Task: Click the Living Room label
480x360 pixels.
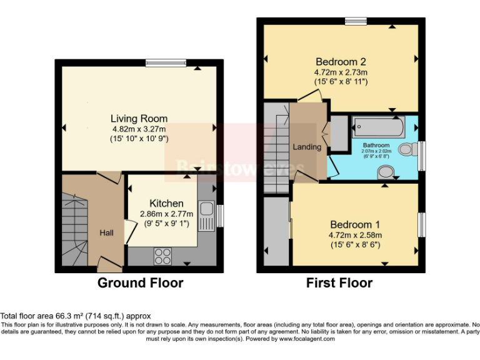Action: tap(139, 119)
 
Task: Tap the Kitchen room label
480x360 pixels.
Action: tap(166, 203)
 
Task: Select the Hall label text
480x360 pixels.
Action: tap(107, 233)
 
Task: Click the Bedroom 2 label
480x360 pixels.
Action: tap(340, 62)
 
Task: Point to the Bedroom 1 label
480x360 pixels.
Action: tap(355, 224)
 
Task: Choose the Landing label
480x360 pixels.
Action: tap(307, 147)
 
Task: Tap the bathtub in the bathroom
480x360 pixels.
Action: tap(378, 127)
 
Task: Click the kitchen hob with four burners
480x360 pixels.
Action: tap(162, 256)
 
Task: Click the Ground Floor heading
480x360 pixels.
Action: tap(140, 283)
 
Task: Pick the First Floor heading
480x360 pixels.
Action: tap(339, 283)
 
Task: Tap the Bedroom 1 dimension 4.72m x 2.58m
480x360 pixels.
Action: tap(355, 235)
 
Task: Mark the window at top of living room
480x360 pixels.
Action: tap(166, 62)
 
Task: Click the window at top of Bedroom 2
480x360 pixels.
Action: tap(356, 21)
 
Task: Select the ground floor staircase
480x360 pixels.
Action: tap(74, 228)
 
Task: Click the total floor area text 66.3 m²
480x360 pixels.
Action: tap(75, 316)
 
